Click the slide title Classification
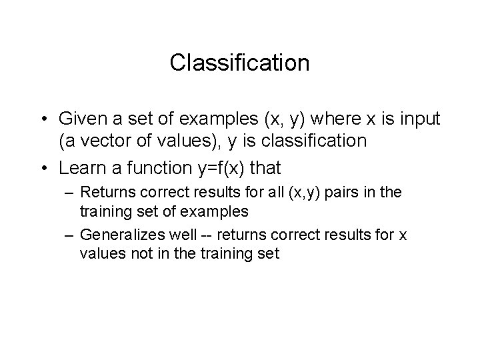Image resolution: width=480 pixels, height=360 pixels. coord(239,63)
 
